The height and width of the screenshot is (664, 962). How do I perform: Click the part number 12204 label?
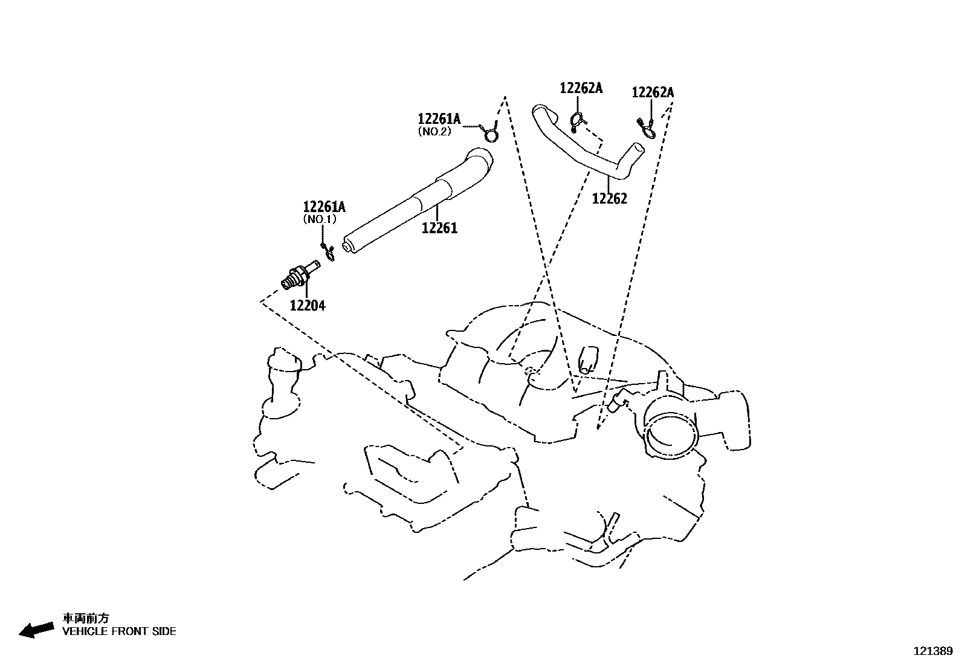[308, 306]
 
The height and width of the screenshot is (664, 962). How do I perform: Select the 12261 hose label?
[439, 228]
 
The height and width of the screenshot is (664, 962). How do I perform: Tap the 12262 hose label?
[610, 198]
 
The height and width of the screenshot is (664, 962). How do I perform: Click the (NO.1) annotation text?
[320, 219]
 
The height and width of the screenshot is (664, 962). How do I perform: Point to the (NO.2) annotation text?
[434, 132]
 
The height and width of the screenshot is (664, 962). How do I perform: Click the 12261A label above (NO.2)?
[439, 118]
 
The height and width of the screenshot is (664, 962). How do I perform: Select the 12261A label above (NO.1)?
[324, 207]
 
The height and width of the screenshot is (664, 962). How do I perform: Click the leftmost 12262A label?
[581, 88]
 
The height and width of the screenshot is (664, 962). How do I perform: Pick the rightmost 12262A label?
[653, 92]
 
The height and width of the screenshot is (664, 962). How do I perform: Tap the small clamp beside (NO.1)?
[329, 252]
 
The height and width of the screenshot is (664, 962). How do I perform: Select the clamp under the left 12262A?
[578, 121]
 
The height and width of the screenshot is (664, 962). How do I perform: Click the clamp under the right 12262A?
[647, 129]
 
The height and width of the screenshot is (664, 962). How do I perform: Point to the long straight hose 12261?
[416, 202]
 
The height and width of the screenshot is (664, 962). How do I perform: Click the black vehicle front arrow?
[36, 630]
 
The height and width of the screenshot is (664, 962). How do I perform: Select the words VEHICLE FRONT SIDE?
[119, 631]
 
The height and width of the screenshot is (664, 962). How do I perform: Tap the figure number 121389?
[933, 651]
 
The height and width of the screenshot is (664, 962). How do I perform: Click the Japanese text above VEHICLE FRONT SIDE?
[86, 618]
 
